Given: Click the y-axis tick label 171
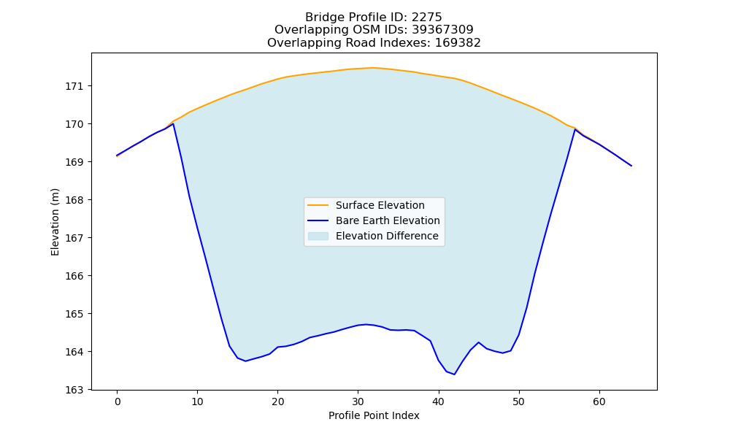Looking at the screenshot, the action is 74,86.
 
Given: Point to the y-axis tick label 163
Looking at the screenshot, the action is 74,390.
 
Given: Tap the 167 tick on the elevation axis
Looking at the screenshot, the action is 74,238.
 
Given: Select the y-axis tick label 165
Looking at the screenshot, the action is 74,314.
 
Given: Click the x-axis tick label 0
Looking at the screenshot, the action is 118,401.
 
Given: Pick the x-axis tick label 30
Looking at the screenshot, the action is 358,401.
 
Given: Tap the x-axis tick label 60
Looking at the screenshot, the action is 599,401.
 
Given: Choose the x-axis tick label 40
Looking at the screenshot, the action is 439,401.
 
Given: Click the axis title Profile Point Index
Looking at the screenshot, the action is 374,415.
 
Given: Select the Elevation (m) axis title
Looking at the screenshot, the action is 55,222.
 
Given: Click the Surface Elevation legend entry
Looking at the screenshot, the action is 366,205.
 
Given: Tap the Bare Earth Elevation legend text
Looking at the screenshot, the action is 388,220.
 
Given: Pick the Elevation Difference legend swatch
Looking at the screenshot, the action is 318,236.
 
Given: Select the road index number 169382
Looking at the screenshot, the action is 458,43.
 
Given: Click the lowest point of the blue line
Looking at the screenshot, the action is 454,374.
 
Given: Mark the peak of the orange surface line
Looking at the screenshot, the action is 374,68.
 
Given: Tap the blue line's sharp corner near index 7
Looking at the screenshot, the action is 173,124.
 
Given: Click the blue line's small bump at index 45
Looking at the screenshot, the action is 479,342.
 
